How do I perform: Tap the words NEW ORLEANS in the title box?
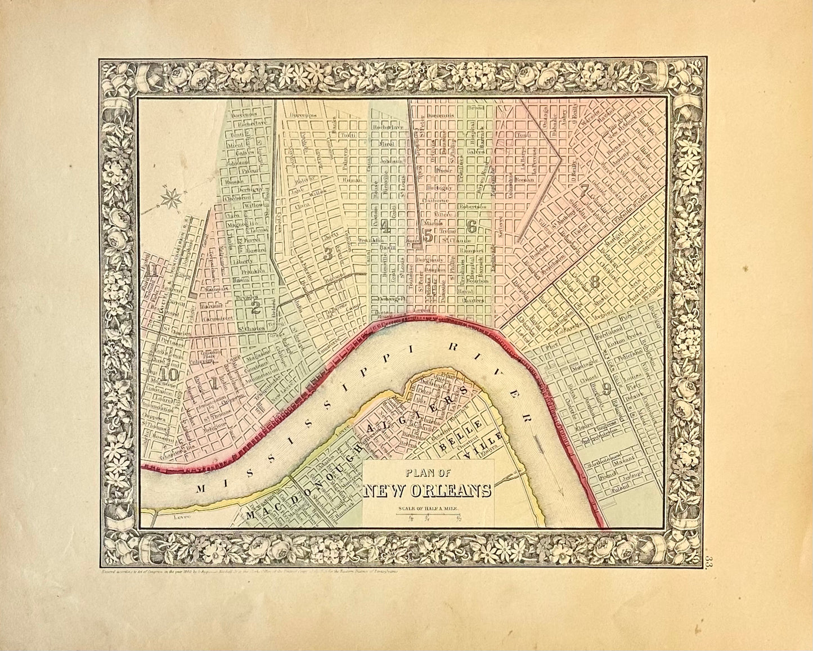[x=428, y=491]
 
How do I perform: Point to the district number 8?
[x=595, y=283]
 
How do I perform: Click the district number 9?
[x=607, y=388]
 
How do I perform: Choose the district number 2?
[x=255, y=307]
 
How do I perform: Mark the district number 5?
[x=428, y=236]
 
